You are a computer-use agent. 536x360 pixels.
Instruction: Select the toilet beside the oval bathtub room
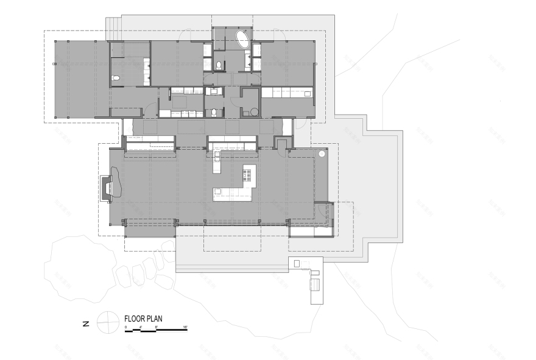(218, 65)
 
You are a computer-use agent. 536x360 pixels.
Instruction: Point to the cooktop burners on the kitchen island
(247, 176)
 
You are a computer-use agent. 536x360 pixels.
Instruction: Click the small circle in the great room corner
(321, 154)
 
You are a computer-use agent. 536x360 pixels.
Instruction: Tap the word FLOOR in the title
(134, 318)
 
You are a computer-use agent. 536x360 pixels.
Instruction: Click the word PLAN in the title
(153, 318)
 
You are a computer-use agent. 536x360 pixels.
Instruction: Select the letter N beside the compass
(86, 323)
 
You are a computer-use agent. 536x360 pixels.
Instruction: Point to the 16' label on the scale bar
(185, 328)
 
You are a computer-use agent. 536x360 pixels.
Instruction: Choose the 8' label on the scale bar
(156, 328)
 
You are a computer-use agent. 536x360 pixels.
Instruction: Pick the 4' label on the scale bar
(141, 328)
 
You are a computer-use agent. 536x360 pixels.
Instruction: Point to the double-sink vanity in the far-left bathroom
(147, 71)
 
